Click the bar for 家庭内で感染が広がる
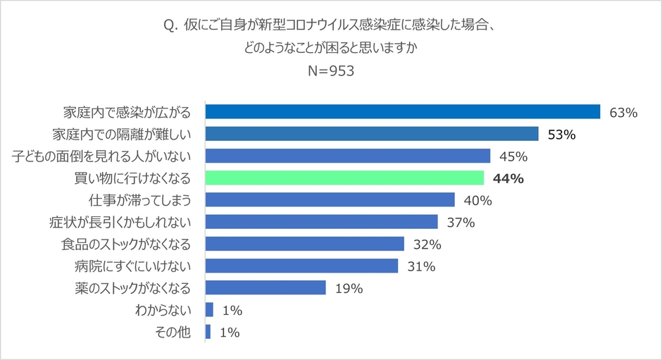click(x=402, y=112)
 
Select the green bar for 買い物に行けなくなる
click(x=344, y=178)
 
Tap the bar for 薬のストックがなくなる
click(x=266, y=288)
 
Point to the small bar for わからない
click(x=209, y=310)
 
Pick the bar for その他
click(x=208, y=332)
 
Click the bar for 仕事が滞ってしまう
click(x=330, y=200)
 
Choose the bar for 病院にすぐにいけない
click(x=301, y=266)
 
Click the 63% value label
click(x=624, y=113)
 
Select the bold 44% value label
click(x=508, y=179)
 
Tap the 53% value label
click(x=563, y=135)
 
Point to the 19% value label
click(x=349, y=289)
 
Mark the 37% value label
click(x=461, y=223)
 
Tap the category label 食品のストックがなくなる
click(x=126, y=244)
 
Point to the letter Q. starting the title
click(x=170, y=26)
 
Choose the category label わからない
click(x=163, y=310)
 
